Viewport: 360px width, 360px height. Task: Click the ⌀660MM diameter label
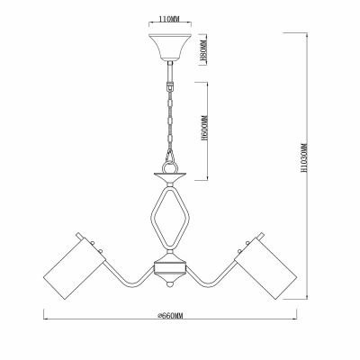[x=169, y=318]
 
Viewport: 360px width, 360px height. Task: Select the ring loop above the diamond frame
[x=169, y=159]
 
